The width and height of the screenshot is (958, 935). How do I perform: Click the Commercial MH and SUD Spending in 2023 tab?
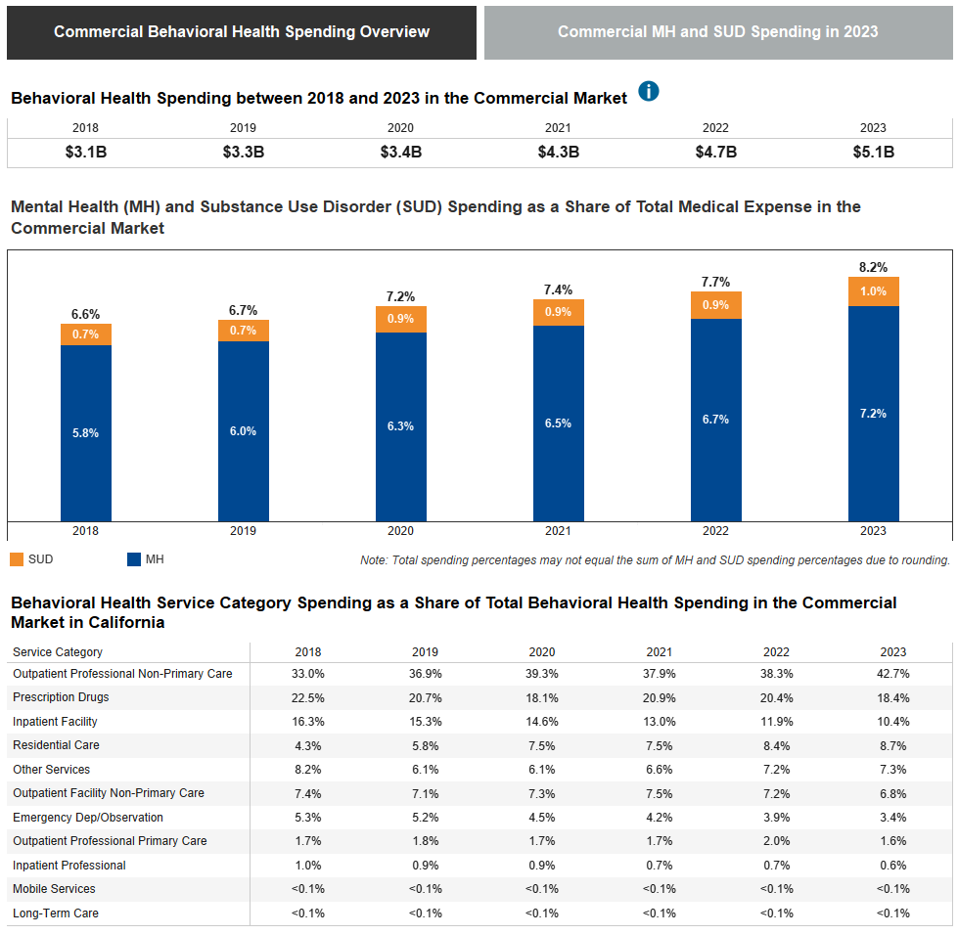point(717,32)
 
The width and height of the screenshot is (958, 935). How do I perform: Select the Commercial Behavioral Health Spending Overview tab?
point(242,32)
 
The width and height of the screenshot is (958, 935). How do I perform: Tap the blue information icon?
point(649,91)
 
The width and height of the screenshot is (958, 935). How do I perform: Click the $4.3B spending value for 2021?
point(558,153)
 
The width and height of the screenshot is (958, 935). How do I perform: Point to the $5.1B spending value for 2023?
point(873,153)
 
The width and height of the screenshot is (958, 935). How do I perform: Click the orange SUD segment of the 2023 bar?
point(873,291)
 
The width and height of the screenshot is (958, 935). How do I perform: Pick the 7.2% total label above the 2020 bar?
point(400,296)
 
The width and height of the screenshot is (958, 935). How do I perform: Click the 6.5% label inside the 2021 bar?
point(558,423)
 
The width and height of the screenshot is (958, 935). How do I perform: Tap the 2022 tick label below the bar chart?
point(715,531)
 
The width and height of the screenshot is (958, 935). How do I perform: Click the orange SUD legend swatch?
point(17,559)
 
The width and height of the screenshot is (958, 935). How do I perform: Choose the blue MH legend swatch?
point(134,559)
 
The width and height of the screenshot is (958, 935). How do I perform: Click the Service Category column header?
point(58,652)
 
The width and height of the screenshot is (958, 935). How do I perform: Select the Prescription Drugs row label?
point(61,697)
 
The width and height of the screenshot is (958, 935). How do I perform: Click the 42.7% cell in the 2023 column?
point(893,674)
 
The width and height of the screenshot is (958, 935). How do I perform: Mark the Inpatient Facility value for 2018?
point(307,722)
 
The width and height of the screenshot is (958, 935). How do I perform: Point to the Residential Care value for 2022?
point(776,745)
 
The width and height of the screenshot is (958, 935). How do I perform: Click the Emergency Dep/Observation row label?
point(88,818)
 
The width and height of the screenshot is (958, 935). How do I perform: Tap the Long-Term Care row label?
point(56,913)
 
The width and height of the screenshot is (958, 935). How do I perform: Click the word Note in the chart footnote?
point(374,560)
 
